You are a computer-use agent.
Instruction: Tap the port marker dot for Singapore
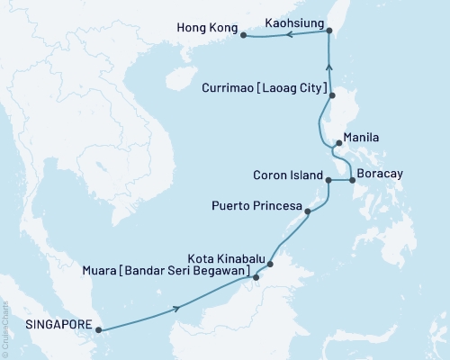(x=97, y=329)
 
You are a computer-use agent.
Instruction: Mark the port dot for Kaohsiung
(x=328, y=31)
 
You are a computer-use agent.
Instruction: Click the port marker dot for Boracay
(x=352, y=180)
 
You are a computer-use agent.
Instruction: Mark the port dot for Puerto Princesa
(x=309, y=212)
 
